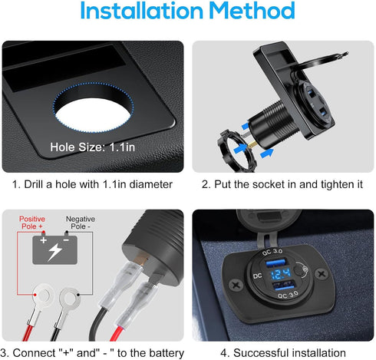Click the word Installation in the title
pos(142,11)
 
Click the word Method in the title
pos(252,11)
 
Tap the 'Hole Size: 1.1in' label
pos(92,147)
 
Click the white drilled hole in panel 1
pos(93,115)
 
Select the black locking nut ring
pos(236,151)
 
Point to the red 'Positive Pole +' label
pos(32,223)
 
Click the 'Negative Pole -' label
pos(81,223)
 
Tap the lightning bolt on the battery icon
pos(55,252)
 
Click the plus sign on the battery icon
pos(44,240)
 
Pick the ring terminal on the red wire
pos(42,298)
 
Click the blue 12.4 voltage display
pos(280,274)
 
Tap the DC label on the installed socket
pos(258,276)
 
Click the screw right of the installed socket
pos(322,274)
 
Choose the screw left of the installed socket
pos(236,285)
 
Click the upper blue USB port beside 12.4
pos(275,263)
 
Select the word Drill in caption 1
pos(33,184)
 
